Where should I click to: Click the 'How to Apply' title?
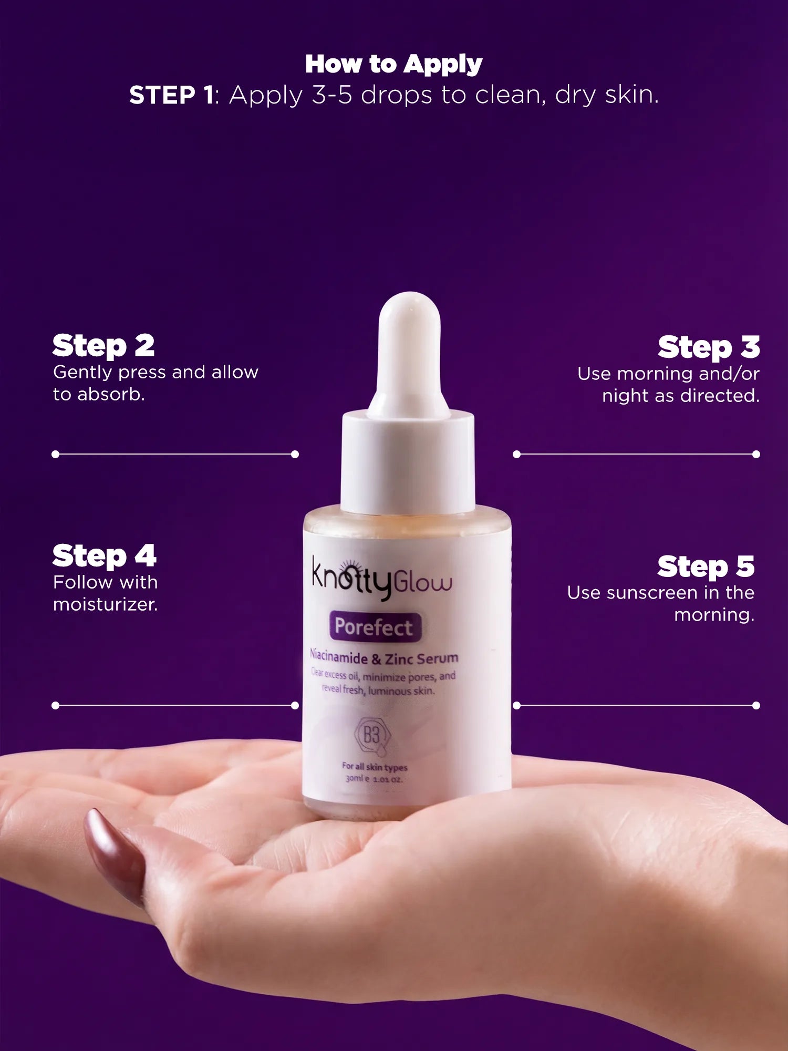(393, 64)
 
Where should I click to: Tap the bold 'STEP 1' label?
(171, 95)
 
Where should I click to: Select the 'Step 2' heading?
(103, 346)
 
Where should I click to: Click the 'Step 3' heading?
(708, 347)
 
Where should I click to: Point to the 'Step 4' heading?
(104, 556)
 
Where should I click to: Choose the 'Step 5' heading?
(706, 566)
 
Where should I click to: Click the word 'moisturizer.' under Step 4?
(105, 604)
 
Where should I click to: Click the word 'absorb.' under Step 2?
(111, 394)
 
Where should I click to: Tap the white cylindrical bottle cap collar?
(408, 462)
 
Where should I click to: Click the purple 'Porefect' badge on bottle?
(375, 627)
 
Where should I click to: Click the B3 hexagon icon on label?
(371, 735)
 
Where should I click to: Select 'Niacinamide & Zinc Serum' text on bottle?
(383, 658)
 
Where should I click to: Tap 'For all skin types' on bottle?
(374, 767)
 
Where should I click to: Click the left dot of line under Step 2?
(56, 454)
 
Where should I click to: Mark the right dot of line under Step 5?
(756, 705)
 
